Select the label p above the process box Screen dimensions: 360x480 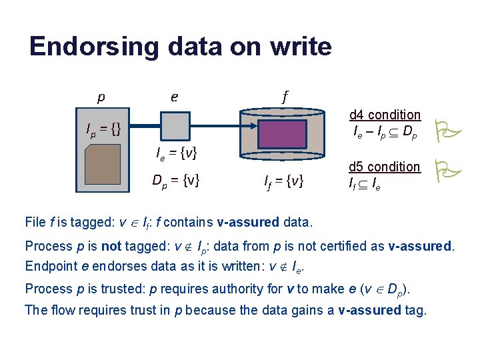click(101, 97)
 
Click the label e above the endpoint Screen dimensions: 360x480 click(174, 97)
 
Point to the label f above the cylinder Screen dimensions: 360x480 click(285, 97)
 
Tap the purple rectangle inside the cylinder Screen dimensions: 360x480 click(285, 133)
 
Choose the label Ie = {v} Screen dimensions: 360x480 click(176, 155)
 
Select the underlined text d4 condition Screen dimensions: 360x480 click(385, 115)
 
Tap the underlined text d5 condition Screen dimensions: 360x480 click(385, 167)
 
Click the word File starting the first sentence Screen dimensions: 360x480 click(35, 221)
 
